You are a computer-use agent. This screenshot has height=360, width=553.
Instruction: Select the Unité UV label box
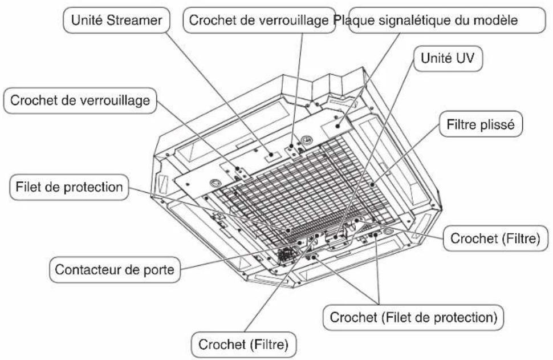[x=448, y=59]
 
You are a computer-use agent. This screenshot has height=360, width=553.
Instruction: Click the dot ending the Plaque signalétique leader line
[x=338, y=126]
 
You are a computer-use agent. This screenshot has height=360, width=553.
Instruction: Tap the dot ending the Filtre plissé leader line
[x=372, y=184]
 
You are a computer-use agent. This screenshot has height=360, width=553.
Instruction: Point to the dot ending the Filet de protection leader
[x=288, y=230]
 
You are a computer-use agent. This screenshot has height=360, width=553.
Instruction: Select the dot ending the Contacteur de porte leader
[x=299, y=242]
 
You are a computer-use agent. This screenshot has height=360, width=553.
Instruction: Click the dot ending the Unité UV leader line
[x=336, y=237]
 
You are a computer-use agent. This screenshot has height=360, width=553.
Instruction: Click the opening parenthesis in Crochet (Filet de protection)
[x=384, y=318]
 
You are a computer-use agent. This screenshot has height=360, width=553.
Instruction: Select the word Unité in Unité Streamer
[x=87, y=20]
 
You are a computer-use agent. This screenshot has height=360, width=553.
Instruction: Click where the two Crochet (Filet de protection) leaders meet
[x=379, y=304]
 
